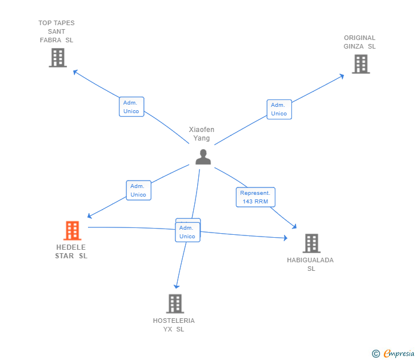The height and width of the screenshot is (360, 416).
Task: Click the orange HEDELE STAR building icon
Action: click(x=72, y=230)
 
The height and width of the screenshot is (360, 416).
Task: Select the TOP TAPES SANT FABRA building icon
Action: click(x=57, y=58)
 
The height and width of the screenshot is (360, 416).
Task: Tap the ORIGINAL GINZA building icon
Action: click(x=360, y=64)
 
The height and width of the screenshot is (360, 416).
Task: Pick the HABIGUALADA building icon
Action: click(x=311, y=243)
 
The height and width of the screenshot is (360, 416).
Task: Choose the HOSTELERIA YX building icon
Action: click(x=175, y=303)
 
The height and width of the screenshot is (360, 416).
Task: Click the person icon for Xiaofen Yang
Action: click(x=203, y=157)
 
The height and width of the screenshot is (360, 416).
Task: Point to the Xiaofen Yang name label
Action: click(x=202, y=134)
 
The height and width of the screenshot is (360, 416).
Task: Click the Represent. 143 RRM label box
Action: click(x=255, y=197)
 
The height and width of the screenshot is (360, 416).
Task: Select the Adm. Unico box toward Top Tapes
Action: click(x=131, y=107)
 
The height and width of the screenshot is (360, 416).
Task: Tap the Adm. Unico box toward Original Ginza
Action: click(x=279, y=109)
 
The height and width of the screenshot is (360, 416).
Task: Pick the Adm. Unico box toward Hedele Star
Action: click(x=138, y=190)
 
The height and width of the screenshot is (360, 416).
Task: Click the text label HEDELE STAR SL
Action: click(x=71, y=251)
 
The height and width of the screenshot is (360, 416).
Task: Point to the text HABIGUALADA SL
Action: click(x=310, y=264)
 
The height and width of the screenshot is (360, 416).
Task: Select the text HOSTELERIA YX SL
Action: click(x=174, y=325)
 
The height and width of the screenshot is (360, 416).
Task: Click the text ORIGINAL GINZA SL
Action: click(x=359, y=42)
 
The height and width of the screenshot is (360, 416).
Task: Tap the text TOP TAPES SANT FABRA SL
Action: click(x=57, y=31)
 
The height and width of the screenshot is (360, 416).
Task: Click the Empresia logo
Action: click(x=398, y=353)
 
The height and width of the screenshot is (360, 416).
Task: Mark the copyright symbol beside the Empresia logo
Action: click(x=375, y=354)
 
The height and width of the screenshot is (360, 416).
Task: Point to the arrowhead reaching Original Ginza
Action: click(x=342, y=75)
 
